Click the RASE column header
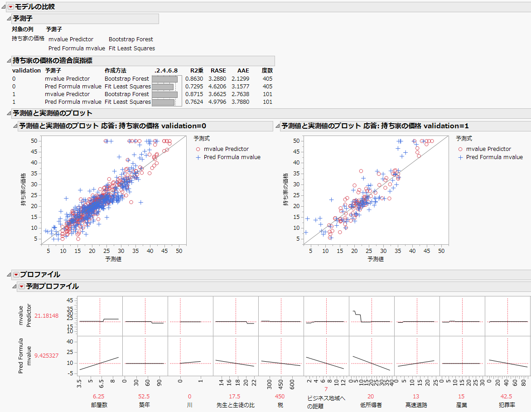tap(218, 71)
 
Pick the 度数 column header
tap(267, 71)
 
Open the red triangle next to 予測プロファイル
tap(21, 286)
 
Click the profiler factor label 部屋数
tap(100, 405)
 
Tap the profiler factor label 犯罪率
tap(507, 405)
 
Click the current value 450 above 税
tap(281, 396)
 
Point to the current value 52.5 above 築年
tap(145, 396)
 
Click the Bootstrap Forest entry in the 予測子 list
tap(131, 39)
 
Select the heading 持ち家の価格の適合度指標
tap(53, 60)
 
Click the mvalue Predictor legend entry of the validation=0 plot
tap(226, 149)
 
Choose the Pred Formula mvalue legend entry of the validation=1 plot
tap(494, 157)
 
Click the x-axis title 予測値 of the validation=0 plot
tap(113, 259)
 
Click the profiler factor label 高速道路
tap(417, 405)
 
